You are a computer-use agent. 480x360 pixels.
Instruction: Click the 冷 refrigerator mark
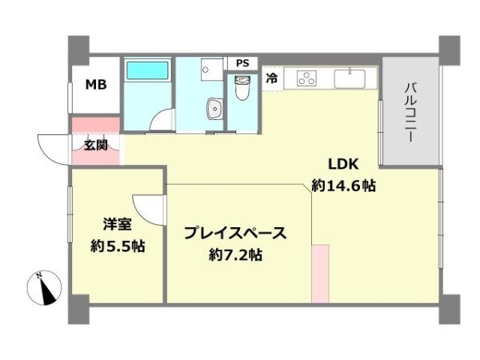271,78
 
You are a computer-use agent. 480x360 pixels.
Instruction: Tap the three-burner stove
307,78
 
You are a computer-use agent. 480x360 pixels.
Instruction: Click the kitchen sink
350,78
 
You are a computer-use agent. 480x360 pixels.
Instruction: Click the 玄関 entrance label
95,146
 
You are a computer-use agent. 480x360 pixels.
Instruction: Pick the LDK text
343,166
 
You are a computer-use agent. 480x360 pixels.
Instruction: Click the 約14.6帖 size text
344,186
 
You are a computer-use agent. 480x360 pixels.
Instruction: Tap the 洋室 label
118,225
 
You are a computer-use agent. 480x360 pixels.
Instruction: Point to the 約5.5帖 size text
117,246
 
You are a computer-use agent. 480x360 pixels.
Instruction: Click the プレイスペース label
235,234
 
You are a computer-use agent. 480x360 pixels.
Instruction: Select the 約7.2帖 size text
235,256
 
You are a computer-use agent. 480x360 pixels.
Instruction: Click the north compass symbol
46,288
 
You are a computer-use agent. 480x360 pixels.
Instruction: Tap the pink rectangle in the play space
320,274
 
